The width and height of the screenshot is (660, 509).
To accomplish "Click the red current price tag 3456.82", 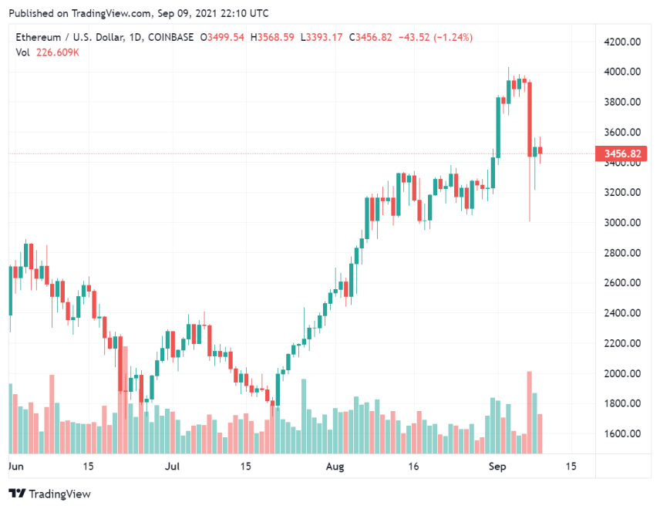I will point(624,154).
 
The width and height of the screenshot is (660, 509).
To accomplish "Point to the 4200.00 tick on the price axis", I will point(622,42).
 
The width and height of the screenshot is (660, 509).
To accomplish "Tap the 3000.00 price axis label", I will point(622,223).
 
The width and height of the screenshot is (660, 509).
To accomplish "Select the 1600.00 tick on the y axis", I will point(622,433).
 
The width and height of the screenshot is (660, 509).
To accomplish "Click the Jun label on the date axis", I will point(15,467).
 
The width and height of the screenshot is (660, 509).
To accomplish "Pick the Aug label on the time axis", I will point(335,467).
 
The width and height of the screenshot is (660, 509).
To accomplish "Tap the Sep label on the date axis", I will point(498,467).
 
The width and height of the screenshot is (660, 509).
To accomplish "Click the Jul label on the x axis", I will point(173,467).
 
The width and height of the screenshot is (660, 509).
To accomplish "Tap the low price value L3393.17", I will point(325,37).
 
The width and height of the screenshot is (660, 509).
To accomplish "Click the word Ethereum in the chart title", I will point(37,37).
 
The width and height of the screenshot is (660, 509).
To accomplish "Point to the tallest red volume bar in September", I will point(530,413).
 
